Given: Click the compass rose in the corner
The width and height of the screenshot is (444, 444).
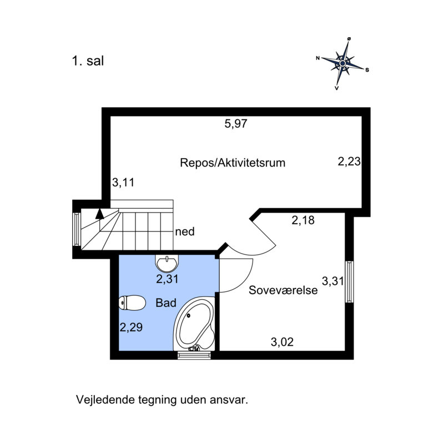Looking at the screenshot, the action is (342, 63).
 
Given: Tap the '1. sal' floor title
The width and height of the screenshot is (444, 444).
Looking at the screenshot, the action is (88, 61).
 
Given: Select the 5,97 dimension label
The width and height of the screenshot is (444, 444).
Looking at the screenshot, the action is (236, 124).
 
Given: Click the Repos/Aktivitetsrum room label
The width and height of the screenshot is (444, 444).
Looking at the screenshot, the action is (233, 163).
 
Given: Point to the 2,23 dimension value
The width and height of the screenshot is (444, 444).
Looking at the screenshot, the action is (349, 162).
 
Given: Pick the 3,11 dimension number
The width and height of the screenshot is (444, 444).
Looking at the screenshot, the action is (123, 183).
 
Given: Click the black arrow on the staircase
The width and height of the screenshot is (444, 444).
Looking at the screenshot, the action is (99, 214).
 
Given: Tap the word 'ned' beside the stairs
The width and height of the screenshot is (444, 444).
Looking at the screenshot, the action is (185, 231).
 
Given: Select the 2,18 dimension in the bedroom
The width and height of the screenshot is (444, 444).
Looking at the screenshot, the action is (303, 220).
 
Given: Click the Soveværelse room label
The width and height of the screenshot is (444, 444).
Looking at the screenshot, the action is (283, 290).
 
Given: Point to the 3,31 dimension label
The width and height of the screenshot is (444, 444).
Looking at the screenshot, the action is (332, 281).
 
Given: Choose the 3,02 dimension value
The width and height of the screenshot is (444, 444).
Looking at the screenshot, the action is (282, 342).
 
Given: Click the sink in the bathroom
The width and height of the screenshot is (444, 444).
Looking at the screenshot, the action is (167, 263).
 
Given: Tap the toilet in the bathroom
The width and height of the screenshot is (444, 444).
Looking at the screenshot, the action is (132, 302).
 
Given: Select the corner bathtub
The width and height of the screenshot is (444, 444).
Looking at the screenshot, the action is (194, 324).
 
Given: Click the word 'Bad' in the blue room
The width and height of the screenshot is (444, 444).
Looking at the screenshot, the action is (166, 303).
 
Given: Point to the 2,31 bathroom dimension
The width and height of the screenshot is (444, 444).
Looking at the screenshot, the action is (167, 279).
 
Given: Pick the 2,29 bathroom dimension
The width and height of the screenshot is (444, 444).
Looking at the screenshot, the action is (131, 327).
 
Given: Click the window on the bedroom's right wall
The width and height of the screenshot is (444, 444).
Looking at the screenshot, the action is (350, 282).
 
